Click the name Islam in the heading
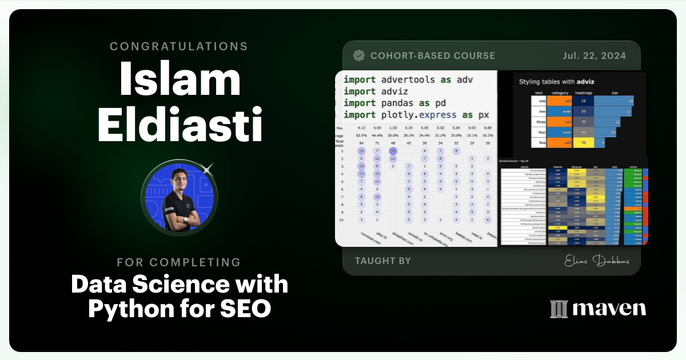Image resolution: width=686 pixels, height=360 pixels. (x=180, y=80)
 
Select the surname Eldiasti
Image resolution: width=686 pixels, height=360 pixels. (x=180, y=125)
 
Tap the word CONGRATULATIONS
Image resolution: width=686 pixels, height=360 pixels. (x=180, y=46)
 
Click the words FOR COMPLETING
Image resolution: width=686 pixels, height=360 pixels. (x=180, y=262)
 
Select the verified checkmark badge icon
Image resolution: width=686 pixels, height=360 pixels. (x=359, y=55)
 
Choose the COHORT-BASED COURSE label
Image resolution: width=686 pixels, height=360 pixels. (x=432, y=55)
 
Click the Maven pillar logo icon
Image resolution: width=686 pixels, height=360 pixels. (x=558, y=309)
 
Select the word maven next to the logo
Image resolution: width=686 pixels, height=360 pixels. (x=609, y=309)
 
